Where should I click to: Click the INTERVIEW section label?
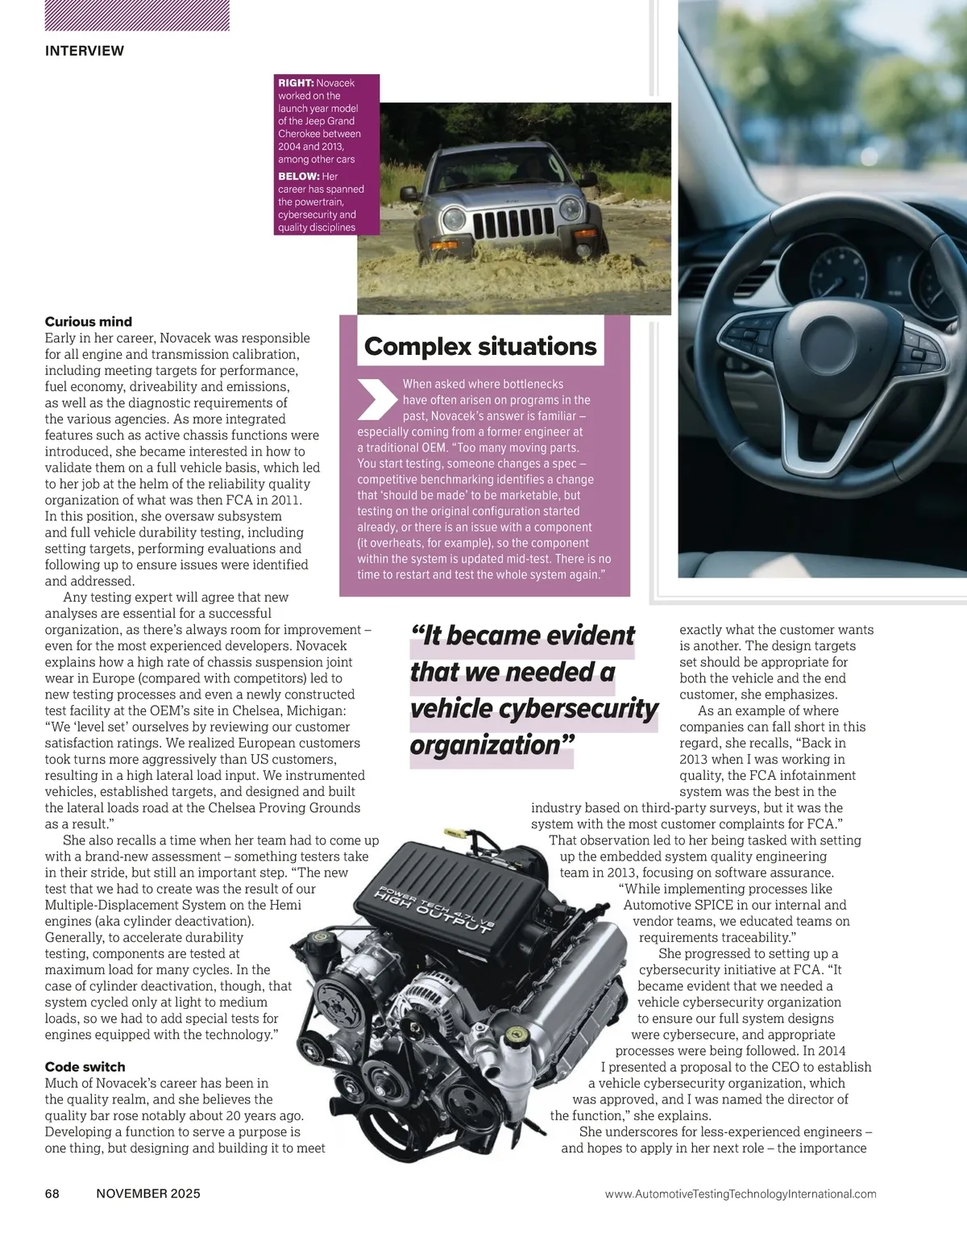[x=85, y=51]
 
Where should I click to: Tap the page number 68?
[x=53, y=1194]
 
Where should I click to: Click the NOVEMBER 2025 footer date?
[x=147, y=1194]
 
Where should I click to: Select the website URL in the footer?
[x=740, y=1194]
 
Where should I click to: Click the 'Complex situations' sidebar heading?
[x=480, y=347]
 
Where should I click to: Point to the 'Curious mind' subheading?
[x=89, y=322]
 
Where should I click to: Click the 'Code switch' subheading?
[x=85, y=1067]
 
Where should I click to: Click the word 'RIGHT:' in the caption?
[x=296, y=83]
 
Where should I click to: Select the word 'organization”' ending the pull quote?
[x=491, y=744]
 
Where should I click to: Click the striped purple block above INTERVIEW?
[x=137, y=15]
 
